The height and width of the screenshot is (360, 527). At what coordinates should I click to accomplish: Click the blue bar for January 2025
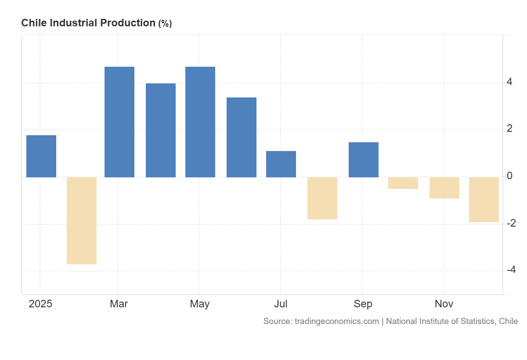pos(41,156)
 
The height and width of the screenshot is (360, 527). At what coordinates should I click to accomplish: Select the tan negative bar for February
pos(82,220)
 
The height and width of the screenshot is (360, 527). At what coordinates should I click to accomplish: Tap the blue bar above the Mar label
pos(119,122)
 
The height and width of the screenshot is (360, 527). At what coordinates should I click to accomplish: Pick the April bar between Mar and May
pos(161,130)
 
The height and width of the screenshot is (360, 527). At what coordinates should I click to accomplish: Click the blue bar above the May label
pos(200,122)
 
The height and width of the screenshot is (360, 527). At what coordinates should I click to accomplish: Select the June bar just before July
pos(242,137)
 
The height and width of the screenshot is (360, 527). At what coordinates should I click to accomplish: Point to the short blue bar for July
pos(281,164)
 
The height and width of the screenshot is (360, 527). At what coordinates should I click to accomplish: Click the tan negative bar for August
pos(322,198)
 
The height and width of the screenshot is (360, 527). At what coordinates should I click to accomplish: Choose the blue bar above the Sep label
pos(364,160)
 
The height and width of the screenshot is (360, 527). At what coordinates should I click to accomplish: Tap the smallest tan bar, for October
pos(403,183)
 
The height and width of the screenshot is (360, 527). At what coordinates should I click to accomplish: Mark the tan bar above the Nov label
pos(444,188)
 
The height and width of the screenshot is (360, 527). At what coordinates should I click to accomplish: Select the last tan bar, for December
pos(484,200)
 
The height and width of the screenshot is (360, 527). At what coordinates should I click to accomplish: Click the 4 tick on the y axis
pos(509,82)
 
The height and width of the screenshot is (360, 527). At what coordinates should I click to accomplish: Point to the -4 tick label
pos(511,270)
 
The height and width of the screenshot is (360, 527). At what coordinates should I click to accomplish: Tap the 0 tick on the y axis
pos(509,176)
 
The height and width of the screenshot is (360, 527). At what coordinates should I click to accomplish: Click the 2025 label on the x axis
pos(40,304)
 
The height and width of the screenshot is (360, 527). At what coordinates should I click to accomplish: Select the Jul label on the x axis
pos(281,304)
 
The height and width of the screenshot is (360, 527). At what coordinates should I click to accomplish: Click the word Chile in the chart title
pos(34,23)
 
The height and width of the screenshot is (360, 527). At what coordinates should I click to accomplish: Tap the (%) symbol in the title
pos(165,24)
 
